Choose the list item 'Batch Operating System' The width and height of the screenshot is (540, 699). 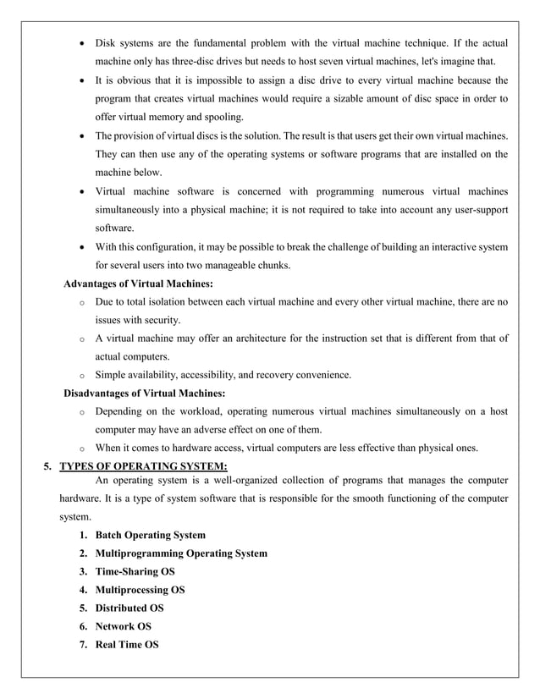150,535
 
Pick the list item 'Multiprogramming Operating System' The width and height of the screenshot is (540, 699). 181,553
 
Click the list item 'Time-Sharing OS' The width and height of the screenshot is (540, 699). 135,571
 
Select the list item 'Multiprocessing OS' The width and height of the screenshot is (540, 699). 140,590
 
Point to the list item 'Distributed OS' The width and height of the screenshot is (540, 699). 129,608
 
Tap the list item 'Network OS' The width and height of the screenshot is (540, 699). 123,626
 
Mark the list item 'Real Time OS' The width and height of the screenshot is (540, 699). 126,645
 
